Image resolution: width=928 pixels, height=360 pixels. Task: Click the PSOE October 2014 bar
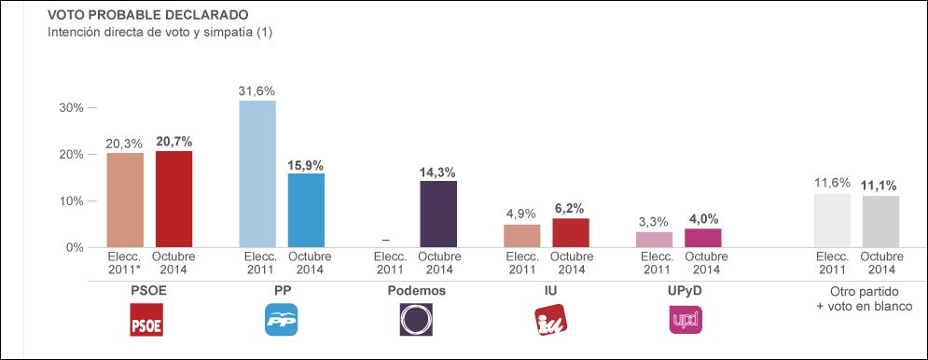(x=173, y=200)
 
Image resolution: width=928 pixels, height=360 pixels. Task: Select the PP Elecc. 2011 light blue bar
(x=257, y=174)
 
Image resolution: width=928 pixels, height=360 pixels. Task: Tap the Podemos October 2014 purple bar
(x=438, y=215)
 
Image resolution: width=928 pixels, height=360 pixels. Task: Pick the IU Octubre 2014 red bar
(x=571, y=233)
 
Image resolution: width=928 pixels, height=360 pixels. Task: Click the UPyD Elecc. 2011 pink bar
(x=654, y=240)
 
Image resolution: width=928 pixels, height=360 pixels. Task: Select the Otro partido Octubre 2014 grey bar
(x=880, y=222)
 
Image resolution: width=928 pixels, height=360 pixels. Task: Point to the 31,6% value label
(x=257, y=90)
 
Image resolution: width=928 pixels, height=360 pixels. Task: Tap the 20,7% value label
(x=173, y=142)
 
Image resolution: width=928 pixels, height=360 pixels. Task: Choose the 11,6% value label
(x=832, y=184)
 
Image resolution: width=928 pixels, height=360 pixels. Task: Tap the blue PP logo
(x=284, y=320)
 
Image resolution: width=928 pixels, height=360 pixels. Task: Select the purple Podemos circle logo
(x=415, y=320)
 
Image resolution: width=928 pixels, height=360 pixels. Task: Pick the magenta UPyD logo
(x=686, y=320)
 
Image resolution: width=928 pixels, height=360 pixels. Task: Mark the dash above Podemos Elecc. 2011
(x=386, y=240)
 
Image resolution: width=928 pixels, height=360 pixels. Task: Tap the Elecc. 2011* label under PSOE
(x=126, y=263)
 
